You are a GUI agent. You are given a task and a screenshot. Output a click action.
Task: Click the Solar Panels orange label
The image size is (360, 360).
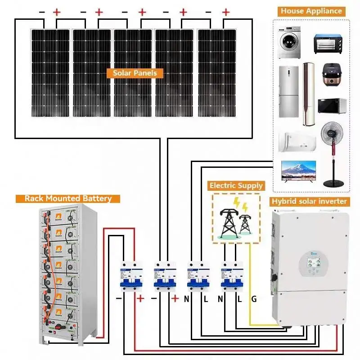coord(135,73)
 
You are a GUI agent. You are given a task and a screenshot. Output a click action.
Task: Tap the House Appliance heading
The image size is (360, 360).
coord(311,11)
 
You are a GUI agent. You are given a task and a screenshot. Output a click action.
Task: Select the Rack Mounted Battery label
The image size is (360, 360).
coord(68,198)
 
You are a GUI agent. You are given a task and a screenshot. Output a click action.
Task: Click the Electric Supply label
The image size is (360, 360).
coord(236,185)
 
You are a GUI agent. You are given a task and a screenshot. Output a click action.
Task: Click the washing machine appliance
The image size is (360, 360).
coord(288,44)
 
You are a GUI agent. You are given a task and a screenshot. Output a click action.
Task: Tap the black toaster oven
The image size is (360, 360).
coord(328,44)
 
